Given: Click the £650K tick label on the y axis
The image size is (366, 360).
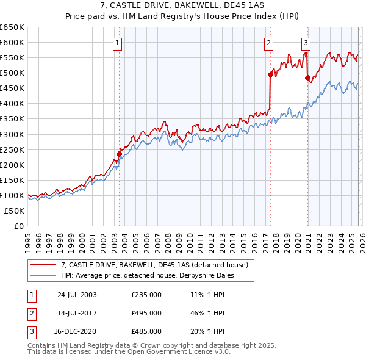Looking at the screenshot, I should pos(12,27).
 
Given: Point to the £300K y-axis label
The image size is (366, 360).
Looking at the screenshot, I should pos(12,134).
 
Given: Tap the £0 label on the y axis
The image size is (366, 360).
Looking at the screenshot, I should pos(18,226).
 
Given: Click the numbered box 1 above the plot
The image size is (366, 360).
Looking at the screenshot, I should pos(117,43).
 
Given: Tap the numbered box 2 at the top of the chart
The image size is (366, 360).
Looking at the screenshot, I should pos(268,43).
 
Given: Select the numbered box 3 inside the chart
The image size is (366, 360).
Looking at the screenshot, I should pos(306,43).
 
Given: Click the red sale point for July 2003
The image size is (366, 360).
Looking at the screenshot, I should pos(120,154).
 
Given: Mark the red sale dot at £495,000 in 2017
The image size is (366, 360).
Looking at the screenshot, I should pos(270,74).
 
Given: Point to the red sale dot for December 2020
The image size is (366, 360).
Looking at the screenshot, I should pos(307,77).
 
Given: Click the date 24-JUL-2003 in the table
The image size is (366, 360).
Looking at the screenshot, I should pos(77,295).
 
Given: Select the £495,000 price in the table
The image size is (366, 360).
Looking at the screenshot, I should pos(146,313).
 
